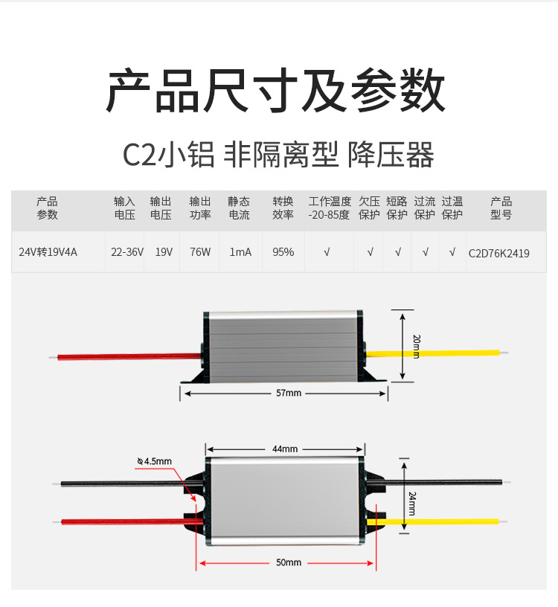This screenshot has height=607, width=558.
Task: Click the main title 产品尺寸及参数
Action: click(276, 91)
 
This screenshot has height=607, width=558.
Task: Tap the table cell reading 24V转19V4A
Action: click(48, 252)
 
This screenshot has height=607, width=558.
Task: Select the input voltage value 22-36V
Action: click(127, 252)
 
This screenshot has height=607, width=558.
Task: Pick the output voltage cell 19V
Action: click(164, 252)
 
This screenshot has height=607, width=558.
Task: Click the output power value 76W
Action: click(200, 252)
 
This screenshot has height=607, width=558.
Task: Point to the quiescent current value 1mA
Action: click(240, 252)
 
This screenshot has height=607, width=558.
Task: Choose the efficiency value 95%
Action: click(283, 252)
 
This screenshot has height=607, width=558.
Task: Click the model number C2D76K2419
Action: click(499, 253)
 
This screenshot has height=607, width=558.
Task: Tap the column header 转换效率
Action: click(283, 208)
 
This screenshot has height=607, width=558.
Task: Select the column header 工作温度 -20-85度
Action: click(329, 208)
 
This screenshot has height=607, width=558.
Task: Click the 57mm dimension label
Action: click(283, 393)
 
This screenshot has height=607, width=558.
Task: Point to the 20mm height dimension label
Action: click(416, 346)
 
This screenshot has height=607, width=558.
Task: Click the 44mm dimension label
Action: click(285, 449)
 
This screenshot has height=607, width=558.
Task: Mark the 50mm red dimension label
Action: click(288, 562)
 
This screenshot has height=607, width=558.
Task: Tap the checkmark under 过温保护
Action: click(452, 252)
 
